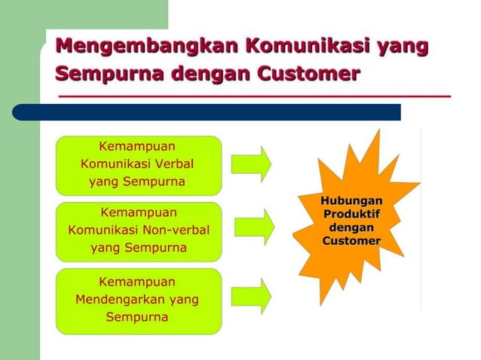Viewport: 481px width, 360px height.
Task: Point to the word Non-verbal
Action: pyautogui.click(x=179, y=229)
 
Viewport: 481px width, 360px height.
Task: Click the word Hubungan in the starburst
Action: pyautogui.click(x=351, y=201)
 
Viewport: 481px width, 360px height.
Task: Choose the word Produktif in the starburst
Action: pyautogui.click(x=351, y=214)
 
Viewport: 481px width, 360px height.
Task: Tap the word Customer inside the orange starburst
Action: pyautogui.click(x=351, y=240)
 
